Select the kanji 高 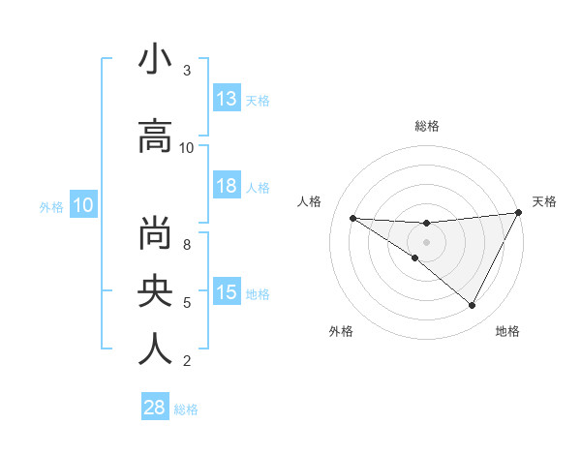[x=155, y=137]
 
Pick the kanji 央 [x=155, y=291]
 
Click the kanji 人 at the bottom [x=155, y=349]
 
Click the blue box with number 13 [x=227, y=99]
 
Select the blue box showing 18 [x=227, y=187]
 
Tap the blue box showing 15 [x=227, y=292]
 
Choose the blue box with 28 [x=155, y=408]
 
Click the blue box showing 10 [x=82, y=205]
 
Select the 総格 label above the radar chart [x=426, y=126]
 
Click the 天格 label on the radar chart [x=544, y=201]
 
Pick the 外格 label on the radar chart [x=341, y=331]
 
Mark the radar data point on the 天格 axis [x=519, y=213]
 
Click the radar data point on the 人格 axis [x=352, y=218]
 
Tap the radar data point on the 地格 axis [x=473, y=306]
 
